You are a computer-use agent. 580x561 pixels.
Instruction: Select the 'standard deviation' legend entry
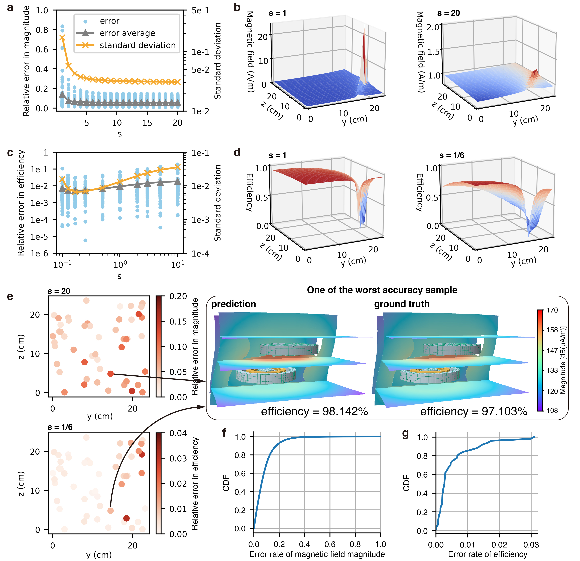click(x=138, y=45)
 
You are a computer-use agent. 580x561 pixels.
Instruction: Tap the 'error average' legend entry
click(x=127, y=33)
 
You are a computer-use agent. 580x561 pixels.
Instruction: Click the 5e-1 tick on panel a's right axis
click(x=200, y=11)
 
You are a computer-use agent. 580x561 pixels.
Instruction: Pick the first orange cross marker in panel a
click(x=62, y=38)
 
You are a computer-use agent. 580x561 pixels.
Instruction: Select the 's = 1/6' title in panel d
click(x=452, y=155)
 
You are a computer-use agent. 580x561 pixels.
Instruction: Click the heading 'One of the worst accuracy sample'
click(x=382, y=290)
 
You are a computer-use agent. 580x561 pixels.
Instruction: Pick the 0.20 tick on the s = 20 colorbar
click(x=178, y=296)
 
